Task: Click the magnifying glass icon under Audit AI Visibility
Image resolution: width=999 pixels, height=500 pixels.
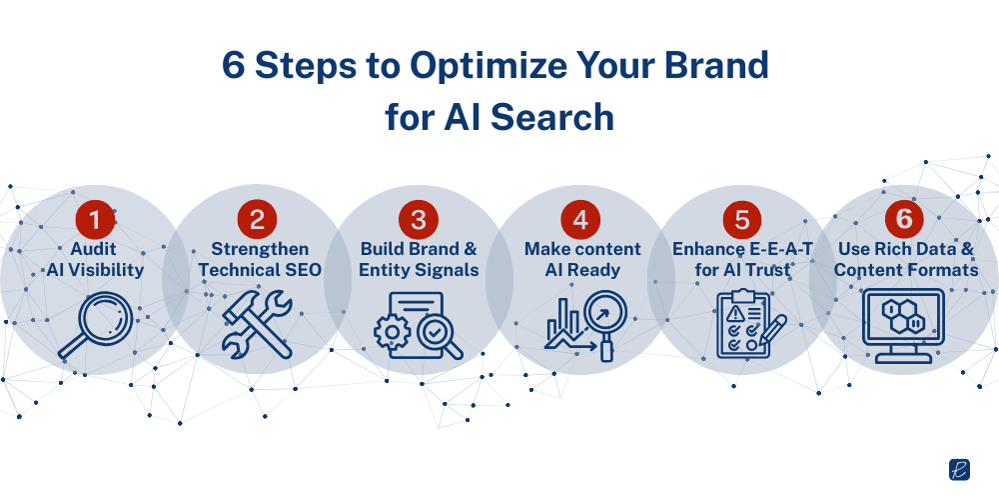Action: [91, 321]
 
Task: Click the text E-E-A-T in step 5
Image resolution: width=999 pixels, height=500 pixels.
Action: [765, 248]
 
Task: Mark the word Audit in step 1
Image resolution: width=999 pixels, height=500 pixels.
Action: [93, 248]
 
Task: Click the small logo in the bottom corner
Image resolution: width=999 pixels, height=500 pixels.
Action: [959, 471]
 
